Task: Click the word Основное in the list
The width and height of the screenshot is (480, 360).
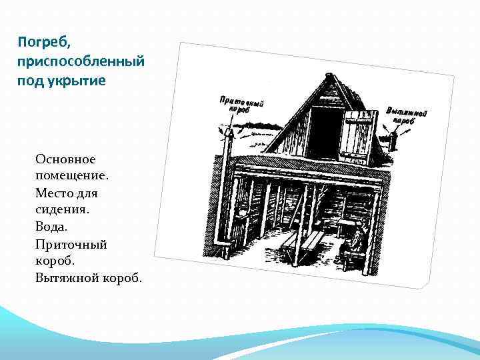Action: (x=66, y=159)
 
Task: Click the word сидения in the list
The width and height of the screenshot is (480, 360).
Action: (x=60, y=209)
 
